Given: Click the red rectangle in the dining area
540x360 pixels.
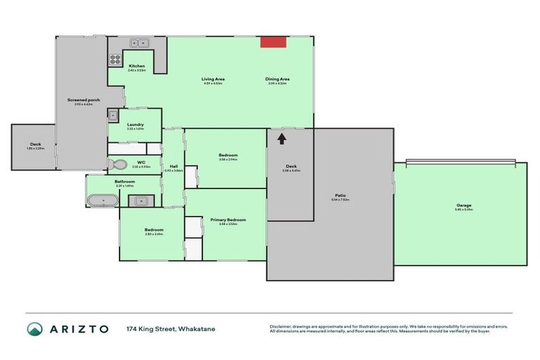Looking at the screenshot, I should click(274, 42).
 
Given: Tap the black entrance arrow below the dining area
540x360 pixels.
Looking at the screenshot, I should click(281, 139).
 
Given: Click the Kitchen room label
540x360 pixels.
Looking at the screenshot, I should click(136, 66).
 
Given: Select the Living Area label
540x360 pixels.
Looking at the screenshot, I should click(212, 79).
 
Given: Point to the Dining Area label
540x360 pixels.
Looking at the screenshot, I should click(278, 79).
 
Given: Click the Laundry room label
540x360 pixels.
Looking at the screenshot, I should click(136, 124).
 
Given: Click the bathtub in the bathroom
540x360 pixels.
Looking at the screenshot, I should click(103, 201).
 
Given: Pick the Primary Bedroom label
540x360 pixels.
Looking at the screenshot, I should click(228, 220).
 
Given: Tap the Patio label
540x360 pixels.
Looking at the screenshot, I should click(340, 195).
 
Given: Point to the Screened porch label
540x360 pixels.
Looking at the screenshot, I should click(84, 100).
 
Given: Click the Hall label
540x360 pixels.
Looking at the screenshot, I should click(173, 167).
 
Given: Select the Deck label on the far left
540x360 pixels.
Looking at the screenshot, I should click(35, 143).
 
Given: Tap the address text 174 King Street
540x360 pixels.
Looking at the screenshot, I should click(150, 329).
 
